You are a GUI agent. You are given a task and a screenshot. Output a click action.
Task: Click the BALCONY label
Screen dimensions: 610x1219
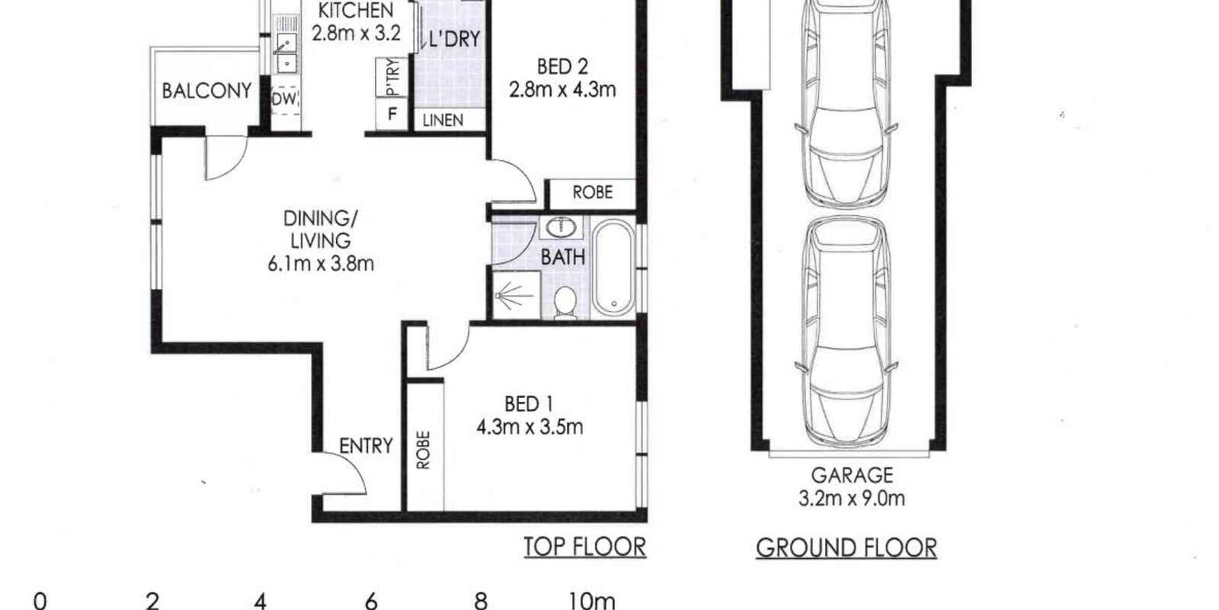point(206,91)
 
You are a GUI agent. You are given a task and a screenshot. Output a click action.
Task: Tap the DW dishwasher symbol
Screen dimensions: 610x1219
point(285,99)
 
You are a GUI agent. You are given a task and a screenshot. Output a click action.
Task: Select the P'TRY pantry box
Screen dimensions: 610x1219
point(392,78)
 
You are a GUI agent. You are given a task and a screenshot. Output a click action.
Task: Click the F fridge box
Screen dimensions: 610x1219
point(392,115)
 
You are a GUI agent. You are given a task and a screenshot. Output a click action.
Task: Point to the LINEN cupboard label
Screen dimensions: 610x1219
point(443,120)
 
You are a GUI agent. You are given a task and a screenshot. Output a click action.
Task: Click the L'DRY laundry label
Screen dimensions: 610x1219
point(454,39)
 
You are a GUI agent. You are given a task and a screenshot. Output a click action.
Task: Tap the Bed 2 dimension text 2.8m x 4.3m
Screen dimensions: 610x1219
point(562,90)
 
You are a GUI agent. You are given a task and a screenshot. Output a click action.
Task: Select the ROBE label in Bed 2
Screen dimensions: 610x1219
point(592,192)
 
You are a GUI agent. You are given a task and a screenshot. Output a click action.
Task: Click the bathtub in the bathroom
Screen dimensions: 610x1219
point(613,268)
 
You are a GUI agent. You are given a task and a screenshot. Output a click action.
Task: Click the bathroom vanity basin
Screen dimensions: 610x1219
point(562,226)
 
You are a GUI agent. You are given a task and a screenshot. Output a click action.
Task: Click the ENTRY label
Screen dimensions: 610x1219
point(366,446)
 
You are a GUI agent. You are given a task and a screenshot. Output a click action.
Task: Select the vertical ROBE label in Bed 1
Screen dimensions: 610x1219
point(424,449)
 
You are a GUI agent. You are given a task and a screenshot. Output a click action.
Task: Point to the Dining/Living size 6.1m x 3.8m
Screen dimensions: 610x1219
point(321,265)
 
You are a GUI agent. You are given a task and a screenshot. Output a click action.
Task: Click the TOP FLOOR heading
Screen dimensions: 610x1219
point(584,547)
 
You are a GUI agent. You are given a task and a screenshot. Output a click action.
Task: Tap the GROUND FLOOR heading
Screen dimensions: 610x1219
point(846,547)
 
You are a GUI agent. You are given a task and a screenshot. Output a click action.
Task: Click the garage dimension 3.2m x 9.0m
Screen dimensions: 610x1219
point(851,499)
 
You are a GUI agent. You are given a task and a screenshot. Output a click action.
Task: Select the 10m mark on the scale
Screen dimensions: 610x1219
point(591,601)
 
